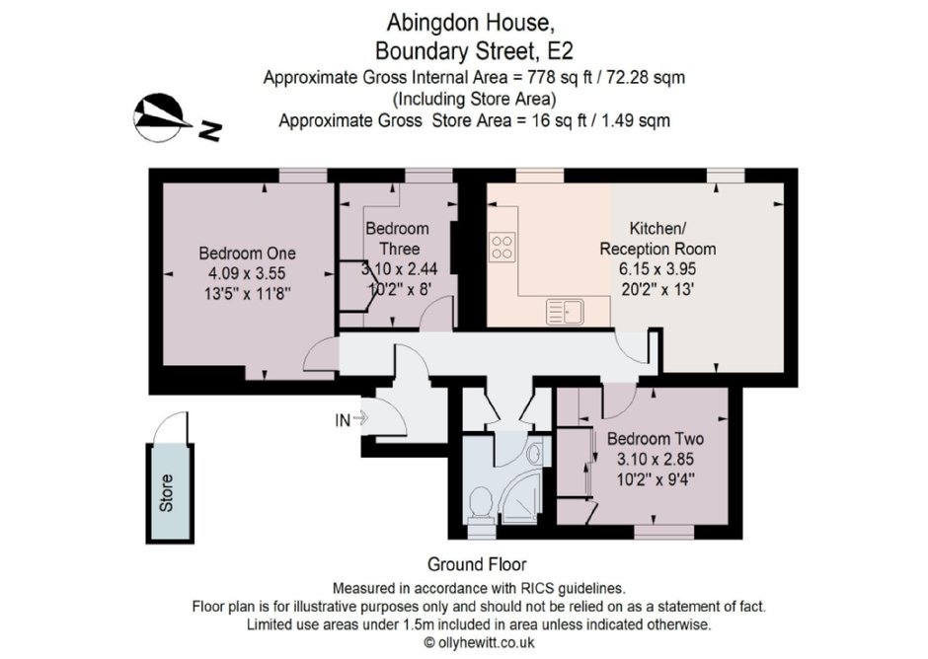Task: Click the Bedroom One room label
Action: coord(248,254)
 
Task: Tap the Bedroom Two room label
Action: coord(656,439)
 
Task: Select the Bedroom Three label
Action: coord(397,239)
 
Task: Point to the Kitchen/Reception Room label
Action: coord(657,239)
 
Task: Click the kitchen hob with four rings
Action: coord(502,247)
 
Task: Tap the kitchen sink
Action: coord(566,312)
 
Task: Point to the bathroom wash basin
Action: coord(533,454)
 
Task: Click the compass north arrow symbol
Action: coord(160,117)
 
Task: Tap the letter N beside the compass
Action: coord(209,131)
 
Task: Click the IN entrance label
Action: coord(343,420)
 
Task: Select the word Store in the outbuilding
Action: coord(166,493)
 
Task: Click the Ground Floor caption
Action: coord(477,564)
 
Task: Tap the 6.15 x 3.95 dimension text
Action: coord(657,268)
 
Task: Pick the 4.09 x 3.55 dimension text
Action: coord(247,273)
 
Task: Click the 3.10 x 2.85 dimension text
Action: coord(656,459)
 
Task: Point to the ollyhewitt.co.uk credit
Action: coord(480,642)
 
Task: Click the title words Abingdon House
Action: coord(471,23)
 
